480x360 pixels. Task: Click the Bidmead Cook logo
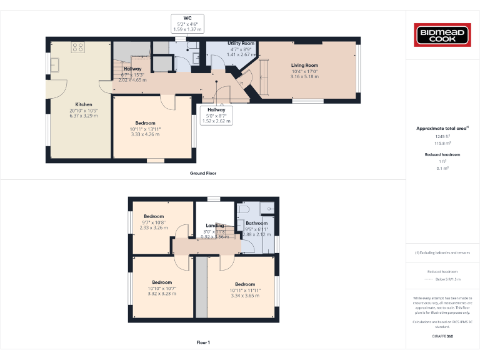pos(442,35)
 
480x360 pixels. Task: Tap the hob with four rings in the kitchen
pos(79,46)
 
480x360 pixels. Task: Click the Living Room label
pos(304,65)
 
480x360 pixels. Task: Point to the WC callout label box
pos(187,24)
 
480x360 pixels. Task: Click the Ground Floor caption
pos(203,173)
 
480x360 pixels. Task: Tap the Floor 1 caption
pos(203,342)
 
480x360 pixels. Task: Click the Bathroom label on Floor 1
pos(256,223)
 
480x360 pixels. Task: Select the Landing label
pos(215,226)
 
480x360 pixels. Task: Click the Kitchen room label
pos(84,104)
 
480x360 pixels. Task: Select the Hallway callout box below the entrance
pos(216,115)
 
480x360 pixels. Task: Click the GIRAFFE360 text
pos(442,336)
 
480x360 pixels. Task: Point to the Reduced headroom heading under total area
pos(442,154)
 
